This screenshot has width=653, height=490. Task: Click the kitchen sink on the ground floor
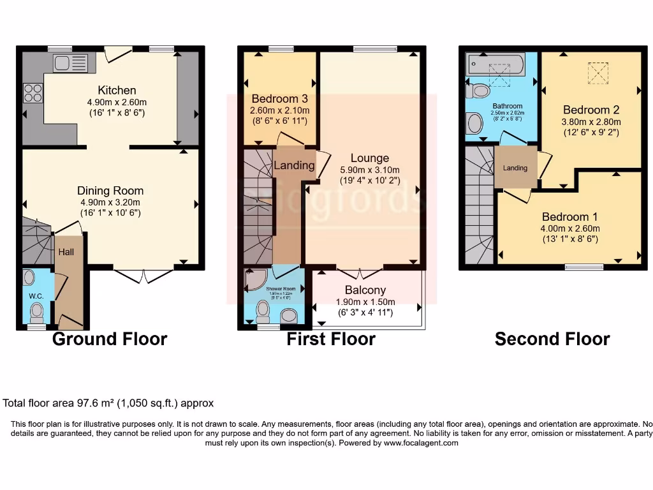point(70,63)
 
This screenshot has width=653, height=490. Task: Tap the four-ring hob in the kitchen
point(33,93)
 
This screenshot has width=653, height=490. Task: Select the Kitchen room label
point(117,90)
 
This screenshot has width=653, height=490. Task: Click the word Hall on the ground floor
point(66,252)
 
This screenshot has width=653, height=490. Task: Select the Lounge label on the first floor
point(369,158)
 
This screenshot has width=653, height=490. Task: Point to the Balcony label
point(365,290)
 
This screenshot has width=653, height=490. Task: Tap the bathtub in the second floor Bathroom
point(495,64)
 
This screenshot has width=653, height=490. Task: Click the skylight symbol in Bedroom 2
point(598,72)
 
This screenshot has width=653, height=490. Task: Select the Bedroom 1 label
point(570,217)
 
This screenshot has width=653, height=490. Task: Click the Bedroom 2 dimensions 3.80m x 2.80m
point(591,122)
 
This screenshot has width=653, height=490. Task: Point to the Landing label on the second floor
point(515,168)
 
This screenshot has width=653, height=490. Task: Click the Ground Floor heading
point(109,339)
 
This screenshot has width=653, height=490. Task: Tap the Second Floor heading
point(552,339)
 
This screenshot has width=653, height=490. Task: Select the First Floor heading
point(331,339)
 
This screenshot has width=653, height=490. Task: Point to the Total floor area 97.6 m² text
point(108,403)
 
